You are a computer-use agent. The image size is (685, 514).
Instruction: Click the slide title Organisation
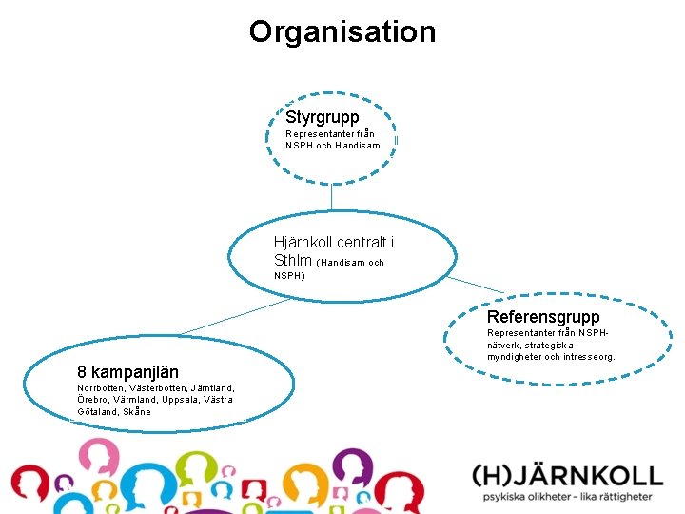342,31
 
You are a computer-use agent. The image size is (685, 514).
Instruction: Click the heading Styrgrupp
323,117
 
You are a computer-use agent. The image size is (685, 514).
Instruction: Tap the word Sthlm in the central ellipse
291,260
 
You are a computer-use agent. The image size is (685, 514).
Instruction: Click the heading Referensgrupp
543,316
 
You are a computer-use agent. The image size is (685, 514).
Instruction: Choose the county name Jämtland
212,387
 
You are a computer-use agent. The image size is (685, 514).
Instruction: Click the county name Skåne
137,412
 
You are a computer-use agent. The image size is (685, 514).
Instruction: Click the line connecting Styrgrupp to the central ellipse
331,196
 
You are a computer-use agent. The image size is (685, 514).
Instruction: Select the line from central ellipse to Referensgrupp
476,285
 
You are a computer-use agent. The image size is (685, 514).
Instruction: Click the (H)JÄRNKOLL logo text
567,476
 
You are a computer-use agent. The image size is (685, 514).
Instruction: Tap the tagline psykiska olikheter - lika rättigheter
567,497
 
